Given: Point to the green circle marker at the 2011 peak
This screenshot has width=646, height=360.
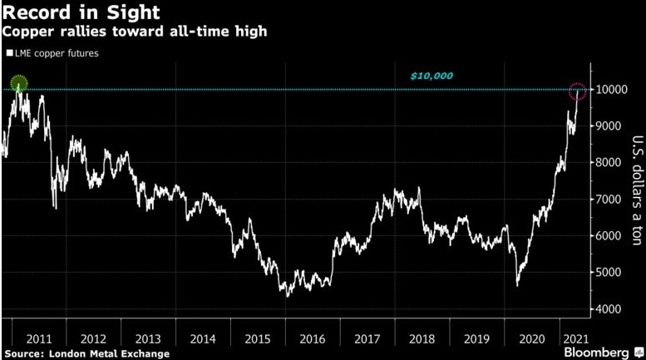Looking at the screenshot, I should pyautogui.click(x=19, y=83).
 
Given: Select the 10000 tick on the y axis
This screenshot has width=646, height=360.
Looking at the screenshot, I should pyautogui.click(x=609, y=90).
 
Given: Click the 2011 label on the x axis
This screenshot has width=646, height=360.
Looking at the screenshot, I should pyautogui.click(x=39, y=338).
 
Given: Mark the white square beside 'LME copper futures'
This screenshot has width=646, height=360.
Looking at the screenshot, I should pyautogui.click(x=7, y=54).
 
